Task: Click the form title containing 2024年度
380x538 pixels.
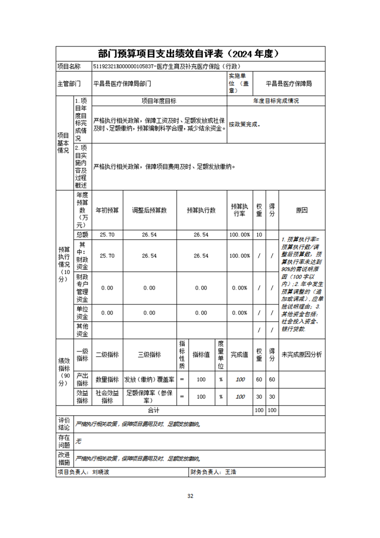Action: pyautogui.click(x=190, y=53)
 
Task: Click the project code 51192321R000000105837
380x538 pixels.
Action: pyautogui.click(x=123, y=67)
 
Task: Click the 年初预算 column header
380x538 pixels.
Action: pyautogui.click(x=107, y=211)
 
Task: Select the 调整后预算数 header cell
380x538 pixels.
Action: pyautogui.click(x=150, y=211)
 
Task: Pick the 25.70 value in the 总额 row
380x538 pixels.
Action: pyautogui.click(x=107, y=235)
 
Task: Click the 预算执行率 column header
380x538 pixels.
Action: pyautogui.click(x=240, y=210)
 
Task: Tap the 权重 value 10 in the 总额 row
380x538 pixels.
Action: pyautogui.click(x=259, y=235)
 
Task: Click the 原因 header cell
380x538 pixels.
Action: pyautogui.click(x=301, y=211)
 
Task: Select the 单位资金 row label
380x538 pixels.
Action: pyautogui.click(x=82, y=313)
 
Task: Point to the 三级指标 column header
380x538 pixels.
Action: pyautogui.click(x=150, y=355)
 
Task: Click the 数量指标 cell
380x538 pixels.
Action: pyautogui.click(x=107, y=379)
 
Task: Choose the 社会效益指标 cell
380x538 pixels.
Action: pyautogui.click(x=107, y=396)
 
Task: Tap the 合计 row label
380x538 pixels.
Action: pyautogui.click(x=153, y=410)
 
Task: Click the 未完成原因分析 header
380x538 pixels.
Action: pyautogui.click(x=301, y=355)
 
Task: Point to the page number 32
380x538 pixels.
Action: pyautogui.click(x=190, y=495)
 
